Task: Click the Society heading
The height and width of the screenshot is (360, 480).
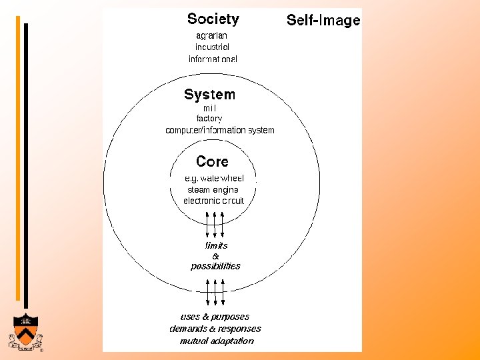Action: (x=213, y=19)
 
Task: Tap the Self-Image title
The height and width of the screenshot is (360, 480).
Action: (x=323, y=21)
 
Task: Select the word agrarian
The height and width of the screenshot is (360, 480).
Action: (x=212, y=35)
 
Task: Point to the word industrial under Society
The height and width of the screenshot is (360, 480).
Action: (x=212, y=47)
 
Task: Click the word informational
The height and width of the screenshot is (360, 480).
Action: (x=213, y=59)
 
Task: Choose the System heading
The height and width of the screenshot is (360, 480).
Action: (x=209, y=95)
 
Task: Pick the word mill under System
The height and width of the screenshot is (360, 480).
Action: (x=209, y=108)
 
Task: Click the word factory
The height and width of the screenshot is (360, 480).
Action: (x=209, y=119)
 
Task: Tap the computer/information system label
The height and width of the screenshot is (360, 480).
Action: (x=219, y=130)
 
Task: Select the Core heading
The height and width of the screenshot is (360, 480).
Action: (x=212, y=161)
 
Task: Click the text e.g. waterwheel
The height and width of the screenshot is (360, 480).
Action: (x=215, y=179)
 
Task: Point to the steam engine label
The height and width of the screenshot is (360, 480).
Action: (x=213, y=190)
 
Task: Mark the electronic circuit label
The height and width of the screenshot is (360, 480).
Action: (x=213, y=201)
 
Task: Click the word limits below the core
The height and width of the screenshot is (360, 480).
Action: (x=215, y=245)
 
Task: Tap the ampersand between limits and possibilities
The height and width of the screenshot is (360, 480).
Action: (x=215, y=256)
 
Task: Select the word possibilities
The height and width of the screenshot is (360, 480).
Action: (x=215, y=266)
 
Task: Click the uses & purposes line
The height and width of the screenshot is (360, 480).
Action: (x=215, y=317)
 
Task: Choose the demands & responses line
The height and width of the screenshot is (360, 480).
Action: (x=215, y=329)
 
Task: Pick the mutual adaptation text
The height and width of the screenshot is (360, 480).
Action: (x=217, y=341)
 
